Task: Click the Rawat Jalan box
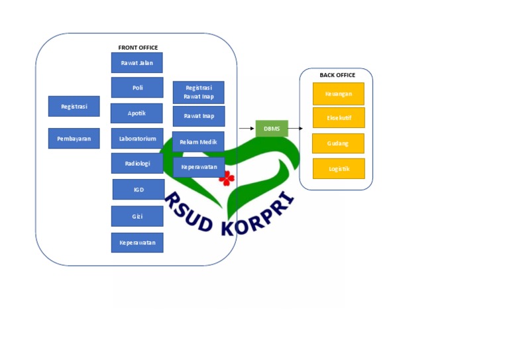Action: pos(137,63)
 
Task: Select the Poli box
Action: pos(137,88)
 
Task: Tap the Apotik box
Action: pos(137,113)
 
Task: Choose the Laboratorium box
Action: pos(137,139)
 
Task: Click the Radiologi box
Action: pos(137,164)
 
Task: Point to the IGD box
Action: pos(139,190)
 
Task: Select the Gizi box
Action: pos(137,216)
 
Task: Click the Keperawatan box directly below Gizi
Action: pos(137,243)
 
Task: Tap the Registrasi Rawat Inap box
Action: pos(198,92)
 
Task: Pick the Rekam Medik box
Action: pos(198,141)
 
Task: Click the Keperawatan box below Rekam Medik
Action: pos(199,167)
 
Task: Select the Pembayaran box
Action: pos(74,139)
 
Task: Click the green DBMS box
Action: pos(272,128)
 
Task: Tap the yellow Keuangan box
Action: pos(339,93)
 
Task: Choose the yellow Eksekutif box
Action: pos(339,118)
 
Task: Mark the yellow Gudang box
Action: pos(338,143)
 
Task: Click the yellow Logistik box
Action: pos(339,168)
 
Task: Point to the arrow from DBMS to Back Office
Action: pos(296,128)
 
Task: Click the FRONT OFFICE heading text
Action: pos(138,48)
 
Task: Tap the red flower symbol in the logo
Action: pos(227,178)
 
